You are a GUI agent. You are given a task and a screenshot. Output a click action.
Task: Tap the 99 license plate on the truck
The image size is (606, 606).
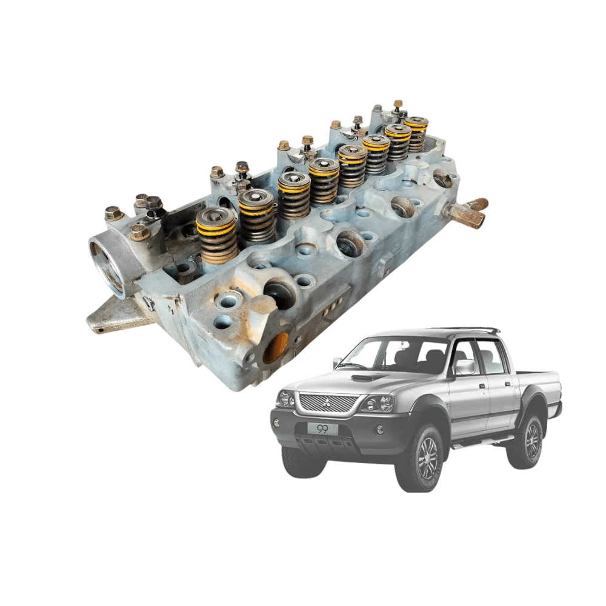pos(322,429)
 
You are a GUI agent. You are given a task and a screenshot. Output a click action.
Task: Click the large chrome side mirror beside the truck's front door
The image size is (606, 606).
pos(465,367)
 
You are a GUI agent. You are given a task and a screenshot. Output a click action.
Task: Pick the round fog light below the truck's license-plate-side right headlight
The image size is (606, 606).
pos(380,430)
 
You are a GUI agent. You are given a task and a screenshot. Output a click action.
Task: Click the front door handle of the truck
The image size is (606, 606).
pos(482,386)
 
